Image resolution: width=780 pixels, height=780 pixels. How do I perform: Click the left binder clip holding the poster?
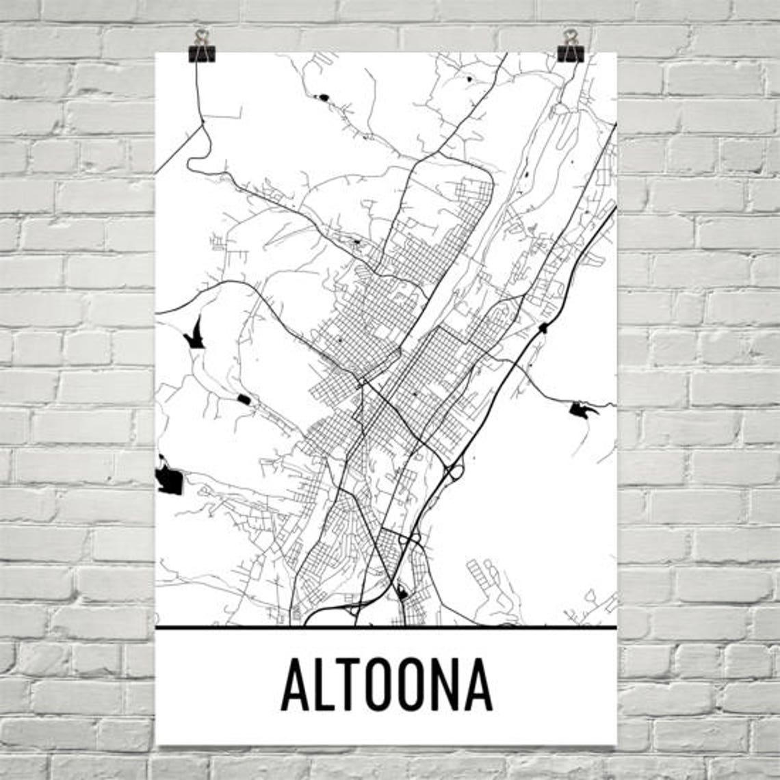point(202,47)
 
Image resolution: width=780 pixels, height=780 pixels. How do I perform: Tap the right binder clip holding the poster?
point(570,47)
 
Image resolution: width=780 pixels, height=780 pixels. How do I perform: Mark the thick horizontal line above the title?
point(386,627)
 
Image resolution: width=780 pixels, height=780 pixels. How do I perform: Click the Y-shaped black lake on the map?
point(195,335)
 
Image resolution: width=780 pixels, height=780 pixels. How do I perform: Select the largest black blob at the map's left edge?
point(169,478)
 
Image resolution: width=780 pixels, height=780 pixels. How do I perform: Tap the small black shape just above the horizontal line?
point(402,593)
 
